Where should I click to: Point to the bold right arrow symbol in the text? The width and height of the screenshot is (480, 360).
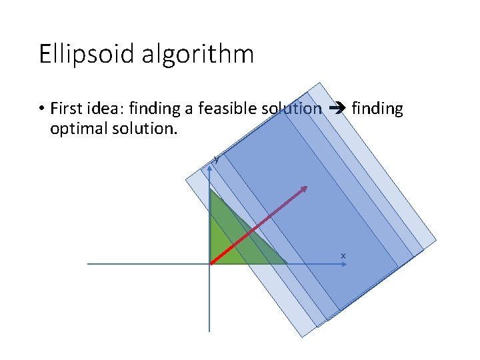click(x=336, y=108)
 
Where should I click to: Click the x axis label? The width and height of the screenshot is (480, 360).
click(x=343, y=256)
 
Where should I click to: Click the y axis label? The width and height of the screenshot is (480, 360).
click(x=215, y=159)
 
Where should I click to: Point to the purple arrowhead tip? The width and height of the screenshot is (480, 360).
click(x=305, y=187)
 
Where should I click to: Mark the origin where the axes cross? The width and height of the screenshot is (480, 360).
click(x=209, y=264)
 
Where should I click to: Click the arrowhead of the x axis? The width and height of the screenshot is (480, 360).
click(x=344, y=264)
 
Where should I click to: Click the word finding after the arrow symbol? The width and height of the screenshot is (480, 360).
click(x=377, y=108)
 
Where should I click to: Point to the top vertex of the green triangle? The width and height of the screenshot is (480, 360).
click(x=210, y=189)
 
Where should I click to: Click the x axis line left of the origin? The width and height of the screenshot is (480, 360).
click(x=147, y=264)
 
